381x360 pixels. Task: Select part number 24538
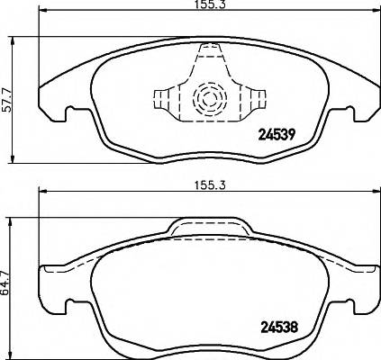278,327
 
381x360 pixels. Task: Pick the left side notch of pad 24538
62,303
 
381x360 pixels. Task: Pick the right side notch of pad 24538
352,303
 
